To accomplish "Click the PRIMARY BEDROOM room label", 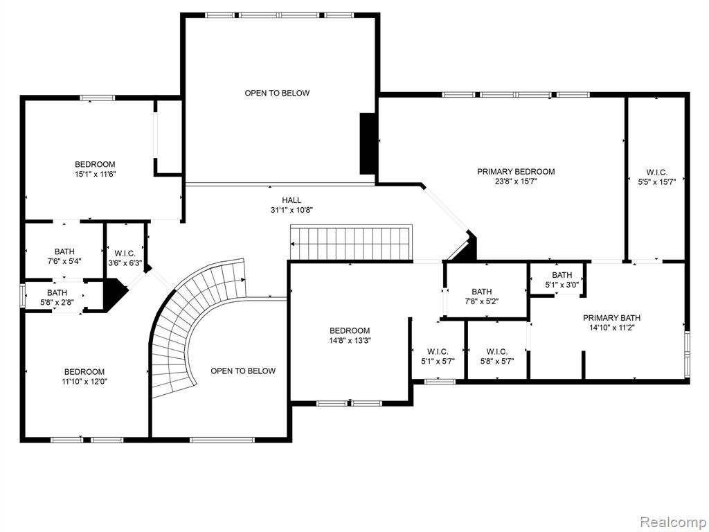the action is pos(516,172).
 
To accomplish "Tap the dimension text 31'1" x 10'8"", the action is pos(291,210).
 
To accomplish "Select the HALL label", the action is pos(291,200).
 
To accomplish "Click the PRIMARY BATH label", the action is pos(611,318).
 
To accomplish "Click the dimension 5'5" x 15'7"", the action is pos(656,182).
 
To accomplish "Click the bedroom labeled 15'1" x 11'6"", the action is pos(95,169).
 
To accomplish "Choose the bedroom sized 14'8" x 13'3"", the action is pos(350,335).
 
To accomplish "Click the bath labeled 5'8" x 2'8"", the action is pos(57,298).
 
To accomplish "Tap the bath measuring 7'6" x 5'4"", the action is pos(64,256).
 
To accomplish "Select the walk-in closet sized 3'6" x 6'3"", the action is pos(125,258).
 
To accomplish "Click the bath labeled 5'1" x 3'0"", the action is pos(562,280).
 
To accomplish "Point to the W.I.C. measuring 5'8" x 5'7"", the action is pos(497,357).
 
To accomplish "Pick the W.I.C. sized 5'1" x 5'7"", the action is pos(438,357).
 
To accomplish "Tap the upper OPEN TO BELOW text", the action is pos(277,94).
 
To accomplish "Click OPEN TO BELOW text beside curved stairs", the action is pos(243,371).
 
